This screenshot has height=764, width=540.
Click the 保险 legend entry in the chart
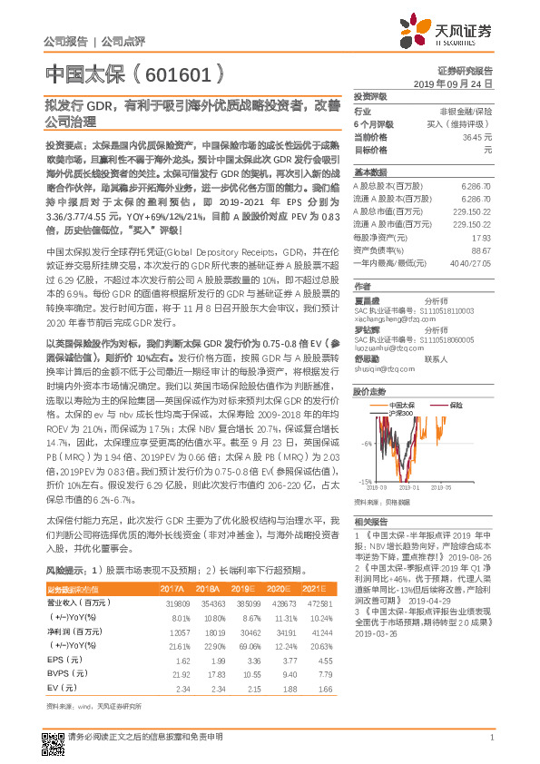[x=456, y=380]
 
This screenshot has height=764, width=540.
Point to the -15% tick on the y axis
[x=363, y=482]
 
